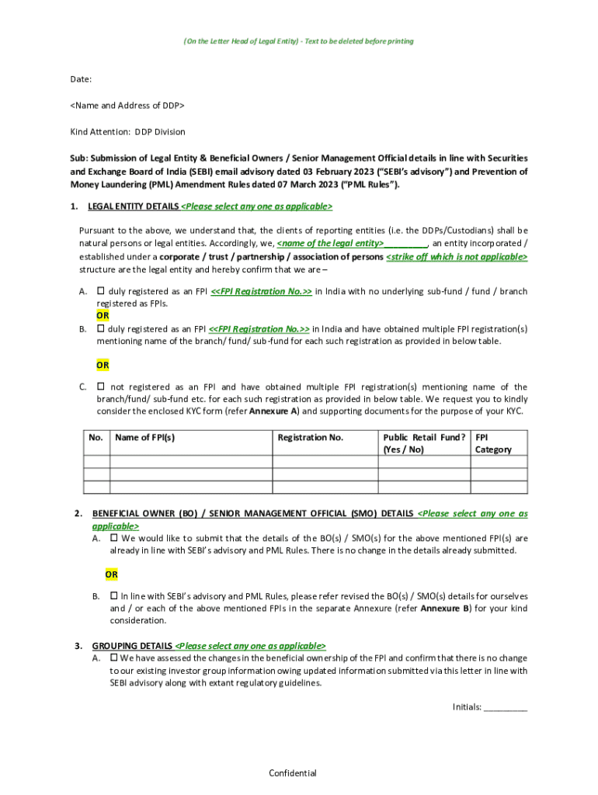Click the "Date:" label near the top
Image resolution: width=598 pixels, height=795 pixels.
tap(81, 79)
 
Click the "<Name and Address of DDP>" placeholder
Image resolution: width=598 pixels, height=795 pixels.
tap(127, 105)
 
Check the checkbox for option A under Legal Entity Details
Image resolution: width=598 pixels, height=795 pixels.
tap(101, 291)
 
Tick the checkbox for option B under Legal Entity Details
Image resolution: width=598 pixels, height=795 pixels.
tap(101, 328)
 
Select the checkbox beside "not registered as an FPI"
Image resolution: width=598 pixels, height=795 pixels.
tap(101, 386)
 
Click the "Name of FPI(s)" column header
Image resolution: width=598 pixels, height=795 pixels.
tap(144, 437)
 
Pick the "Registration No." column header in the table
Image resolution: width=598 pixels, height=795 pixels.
tap(311, 437)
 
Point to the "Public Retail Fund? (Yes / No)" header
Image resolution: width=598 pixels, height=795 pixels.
tap(423, 443)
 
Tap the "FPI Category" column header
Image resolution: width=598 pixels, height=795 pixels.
tap(493, 443)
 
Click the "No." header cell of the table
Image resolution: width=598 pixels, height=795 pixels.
tap(96, 437)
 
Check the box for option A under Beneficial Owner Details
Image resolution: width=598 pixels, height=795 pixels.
tap(114, 537)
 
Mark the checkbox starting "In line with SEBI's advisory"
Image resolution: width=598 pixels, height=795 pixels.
tap(114, 595)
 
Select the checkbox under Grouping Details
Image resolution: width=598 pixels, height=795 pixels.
tap(114, 657)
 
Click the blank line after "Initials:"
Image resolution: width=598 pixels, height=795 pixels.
tap(506, 707)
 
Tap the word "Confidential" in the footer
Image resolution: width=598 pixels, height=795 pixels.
tap(293, 772)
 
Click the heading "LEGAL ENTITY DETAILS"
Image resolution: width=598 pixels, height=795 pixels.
tap(134, 207)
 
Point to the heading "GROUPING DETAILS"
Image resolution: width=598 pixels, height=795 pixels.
tap(133, 645)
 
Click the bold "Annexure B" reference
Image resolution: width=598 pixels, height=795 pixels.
tap(445, 608)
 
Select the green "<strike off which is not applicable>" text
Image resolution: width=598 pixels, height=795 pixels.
tap(457, 257)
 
